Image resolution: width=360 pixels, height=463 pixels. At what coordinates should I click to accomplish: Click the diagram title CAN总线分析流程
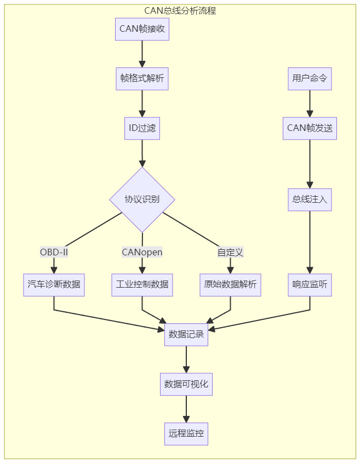point(180,10)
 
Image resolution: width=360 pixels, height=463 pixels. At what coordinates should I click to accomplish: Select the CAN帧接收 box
point(142,29)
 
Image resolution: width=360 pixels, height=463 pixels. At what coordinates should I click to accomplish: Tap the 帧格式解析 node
point(142,79)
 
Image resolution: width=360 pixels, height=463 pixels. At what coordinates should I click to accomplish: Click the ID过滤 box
point(142,128)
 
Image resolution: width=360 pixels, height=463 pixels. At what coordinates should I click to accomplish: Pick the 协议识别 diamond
point(142,199)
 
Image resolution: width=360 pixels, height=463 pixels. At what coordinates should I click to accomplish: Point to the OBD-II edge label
point(54,252)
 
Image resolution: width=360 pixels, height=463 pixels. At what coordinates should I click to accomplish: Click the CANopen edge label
point(142,252)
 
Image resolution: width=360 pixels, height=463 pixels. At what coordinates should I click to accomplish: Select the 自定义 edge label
point(230,252)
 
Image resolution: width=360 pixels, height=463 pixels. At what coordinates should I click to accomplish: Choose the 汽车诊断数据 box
point(54,285)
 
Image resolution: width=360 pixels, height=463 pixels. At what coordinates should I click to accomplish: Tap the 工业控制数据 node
point(142,285)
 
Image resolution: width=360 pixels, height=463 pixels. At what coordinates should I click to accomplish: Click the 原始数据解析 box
point(230,285)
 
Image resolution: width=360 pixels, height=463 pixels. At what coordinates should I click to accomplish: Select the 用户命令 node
point(310,79)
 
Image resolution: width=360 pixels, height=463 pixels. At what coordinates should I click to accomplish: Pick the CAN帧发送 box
point(310,128)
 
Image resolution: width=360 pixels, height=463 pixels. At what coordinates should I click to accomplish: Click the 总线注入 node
point(310,199)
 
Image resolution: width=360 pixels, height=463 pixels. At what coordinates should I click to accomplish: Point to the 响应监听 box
point(310,285)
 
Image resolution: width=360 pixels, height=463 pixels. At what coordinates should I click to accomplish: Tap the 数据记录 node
point(186,334)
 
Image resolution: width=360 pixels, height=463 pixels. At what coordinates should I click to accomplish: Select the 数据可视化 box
point(186,384)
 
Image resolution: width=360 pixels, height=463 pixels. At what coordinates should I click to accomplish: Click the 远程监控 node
point(186,433)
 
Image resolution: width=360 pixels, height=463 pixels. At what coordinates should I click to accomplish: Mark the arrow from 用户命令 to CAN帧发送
point(310,103)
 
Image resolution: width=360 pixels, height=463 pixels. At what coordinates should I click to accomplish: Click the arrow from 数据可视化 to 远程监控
point(186,409)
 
